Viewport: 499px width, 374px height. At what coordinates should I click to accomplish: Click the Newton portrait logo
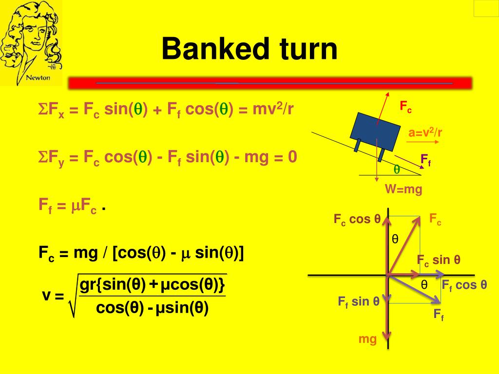click(31, 43)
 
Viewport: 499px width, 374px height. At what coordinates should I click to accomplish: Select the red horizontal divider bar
click(270, 83)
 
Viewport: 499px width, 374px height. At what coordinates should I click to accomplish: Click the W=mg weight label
click(403, 189)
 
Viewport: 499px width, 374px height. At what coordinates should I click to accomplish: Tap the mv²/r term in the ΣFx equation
click(273, 110)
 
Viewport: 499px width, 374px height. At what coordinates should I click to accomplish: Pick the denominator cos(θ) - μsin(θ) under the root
click(153, 308)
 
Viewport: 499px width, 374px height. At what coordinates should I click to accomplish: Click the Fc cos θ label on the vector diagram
click(357, 219)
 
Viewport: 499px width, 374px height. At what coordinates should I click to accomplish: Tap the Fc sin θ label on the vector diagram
click(439, 260)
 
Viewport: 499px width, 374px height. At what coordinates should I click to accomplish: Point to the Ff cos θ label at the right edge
click(464, 285)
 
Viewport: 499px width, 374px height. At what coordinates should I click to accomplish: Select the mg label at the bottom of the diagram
click(368, 339)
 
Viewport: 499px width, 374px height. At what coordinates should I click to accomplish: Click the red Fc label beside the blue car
click(406, 107)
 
